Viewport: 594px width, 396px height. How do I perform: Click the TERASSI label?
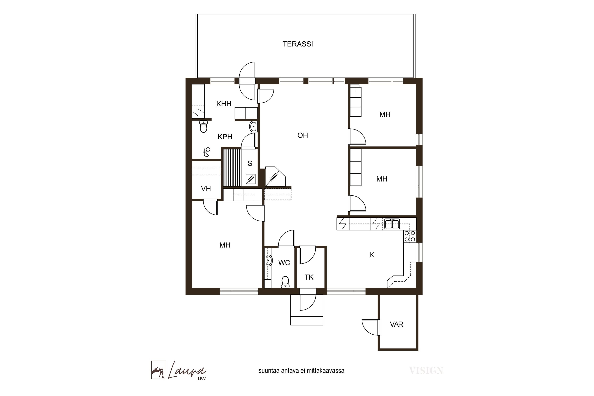tap(298, 44)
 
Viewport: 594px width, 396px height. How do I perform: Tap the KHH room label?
tap(224, 104)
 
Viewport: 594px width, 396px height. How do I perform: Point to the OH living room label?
tap(303, 135)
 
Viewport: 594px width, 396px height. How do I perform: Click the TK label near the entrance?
tap(309, 277)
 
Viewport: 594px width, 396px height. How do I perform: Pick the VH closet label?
tap(206, 189)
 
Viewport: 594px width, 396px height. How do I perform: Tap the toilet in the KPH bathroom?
tap(203, 127)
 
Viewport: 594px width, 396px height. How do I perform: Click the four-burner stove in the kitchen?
tap(410, 236)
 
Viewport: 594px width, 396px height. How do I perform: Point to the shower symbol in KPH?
tap(207, 152)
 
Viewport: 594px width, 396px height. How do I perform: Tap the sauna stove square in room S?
tap(250, 179)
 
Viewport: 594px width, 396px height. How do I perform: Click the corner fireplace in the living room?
tap(275, 177)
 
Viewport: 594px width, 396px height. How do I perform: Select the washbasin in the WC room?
tap(268, 261)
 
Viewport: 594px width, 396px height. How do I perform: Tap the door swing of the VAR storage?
tap(371, 327)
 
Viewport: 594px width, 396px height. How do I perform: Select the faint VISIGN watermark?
tap(426, 371)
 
